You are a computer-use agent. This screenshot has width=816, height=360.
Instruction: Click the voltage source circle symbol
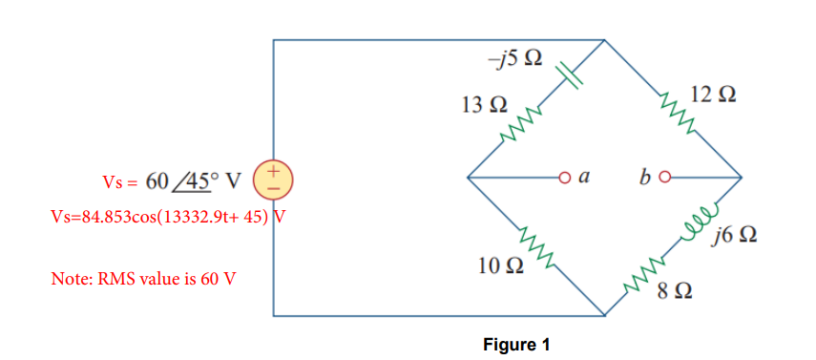[275, 179]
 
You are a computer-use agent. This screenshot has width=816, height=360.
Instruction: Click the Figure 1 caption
[516, 345]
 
